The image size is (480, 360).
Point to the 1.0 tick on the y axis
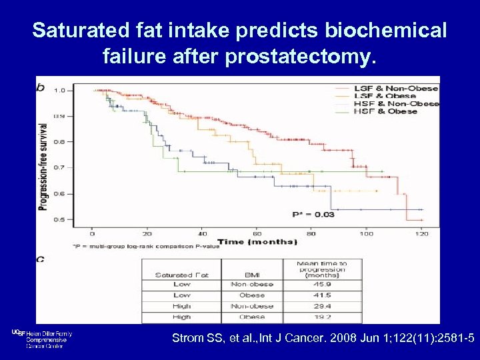[x=59, y=90]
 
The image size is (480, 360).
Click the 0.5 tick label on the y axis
[x=59, y=219]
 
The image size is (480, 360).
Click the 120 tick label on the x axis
[x=422, y=234]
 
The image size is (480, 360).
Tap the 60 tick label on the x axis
[x=257, y=234]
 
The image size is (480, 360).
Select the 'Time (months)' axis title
[x=257, y=241]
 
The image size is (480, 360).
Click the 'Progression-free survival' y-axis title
[x=44, y=167]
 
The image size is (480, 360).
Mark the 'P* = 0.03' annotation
[x=313, y=214]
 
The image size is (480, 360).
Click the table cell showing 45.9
[x=322, y=284]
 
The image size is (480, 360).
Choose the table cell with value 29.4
[x=322, y=306]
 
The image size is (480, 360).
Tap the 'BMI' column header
[x=251, y=275]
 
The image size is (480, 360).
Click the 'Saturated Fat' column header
[x=181, y=275]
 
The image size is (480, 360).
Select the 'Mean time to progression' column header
[x=322, y=269]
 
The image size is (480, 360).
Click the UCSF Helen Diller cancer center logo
[x=41, y=338]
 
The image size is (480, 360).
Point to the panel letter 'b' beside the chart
[x=41, y=87]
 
